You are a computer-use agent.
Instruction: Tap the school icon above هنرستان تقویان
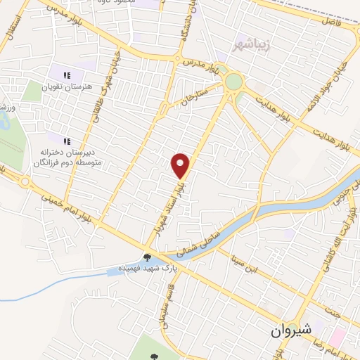click(x=67, y=75)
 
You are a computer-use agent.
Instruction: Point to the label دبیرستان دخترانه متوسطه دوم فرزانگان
click(x=68, y=157)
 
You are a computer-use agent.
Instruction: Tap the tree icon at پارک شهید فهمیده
click(x=147, y=257)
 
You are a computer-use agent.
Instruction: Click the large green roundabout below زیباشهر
click(x=233, y=82)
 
